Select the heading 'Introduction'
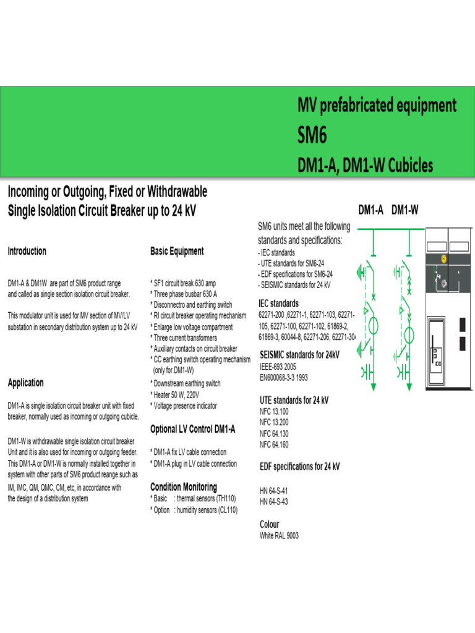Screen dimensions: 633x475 pyautogui.click(x=27, y=251)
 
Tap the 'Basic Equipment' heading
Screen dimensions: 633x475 pyautogui.click(x=177, y=251)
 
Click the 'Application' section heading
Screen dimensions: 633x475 pyautogui.click(x=25, y=383)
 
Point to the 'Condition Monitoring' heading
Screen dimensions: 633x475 pyautogui.click(x=184, y=487)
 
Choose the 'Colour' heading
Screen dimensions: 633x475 pyautogui.click(x=269, y=524)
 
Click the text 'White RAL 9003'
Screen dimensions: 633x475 pyautogui.click(x=279, y=535)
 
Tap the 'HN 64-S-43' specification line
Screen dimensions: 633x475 pyautogui.click(x=274, y=502)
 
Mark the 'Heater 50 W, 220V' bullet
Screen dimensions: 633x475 pyautogui.click(x=176, y=394)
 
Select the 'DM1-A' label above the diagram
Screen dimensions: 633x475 pyautogui.click(x=371, y=210)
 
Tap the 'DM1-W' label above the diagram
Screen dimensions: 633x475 pyautogui.click(x=405, y=210)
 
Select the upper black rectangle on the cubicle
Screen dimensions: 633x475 pyautogui.click(x=462, y=324)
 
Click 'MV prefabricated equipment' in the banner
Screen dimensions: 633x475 pyautogui.click(x=377, y=105)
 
